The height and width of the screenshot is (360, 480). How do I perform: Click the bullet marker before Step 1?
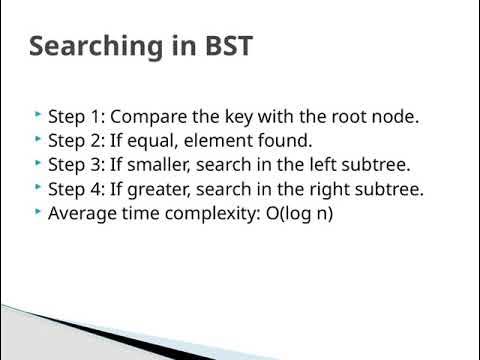38,115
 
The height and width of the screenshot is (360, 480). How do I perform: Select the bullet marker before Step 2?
38,139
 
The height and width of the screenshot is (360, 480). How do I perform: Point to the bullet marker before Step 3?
38,163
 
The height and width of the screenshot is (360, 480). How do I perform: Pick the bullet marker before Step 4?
38,187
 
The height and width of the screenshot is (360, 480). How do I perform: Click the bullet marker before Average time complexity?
38,211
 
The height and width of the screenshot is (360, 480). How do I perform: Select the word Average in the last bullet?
81,212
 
